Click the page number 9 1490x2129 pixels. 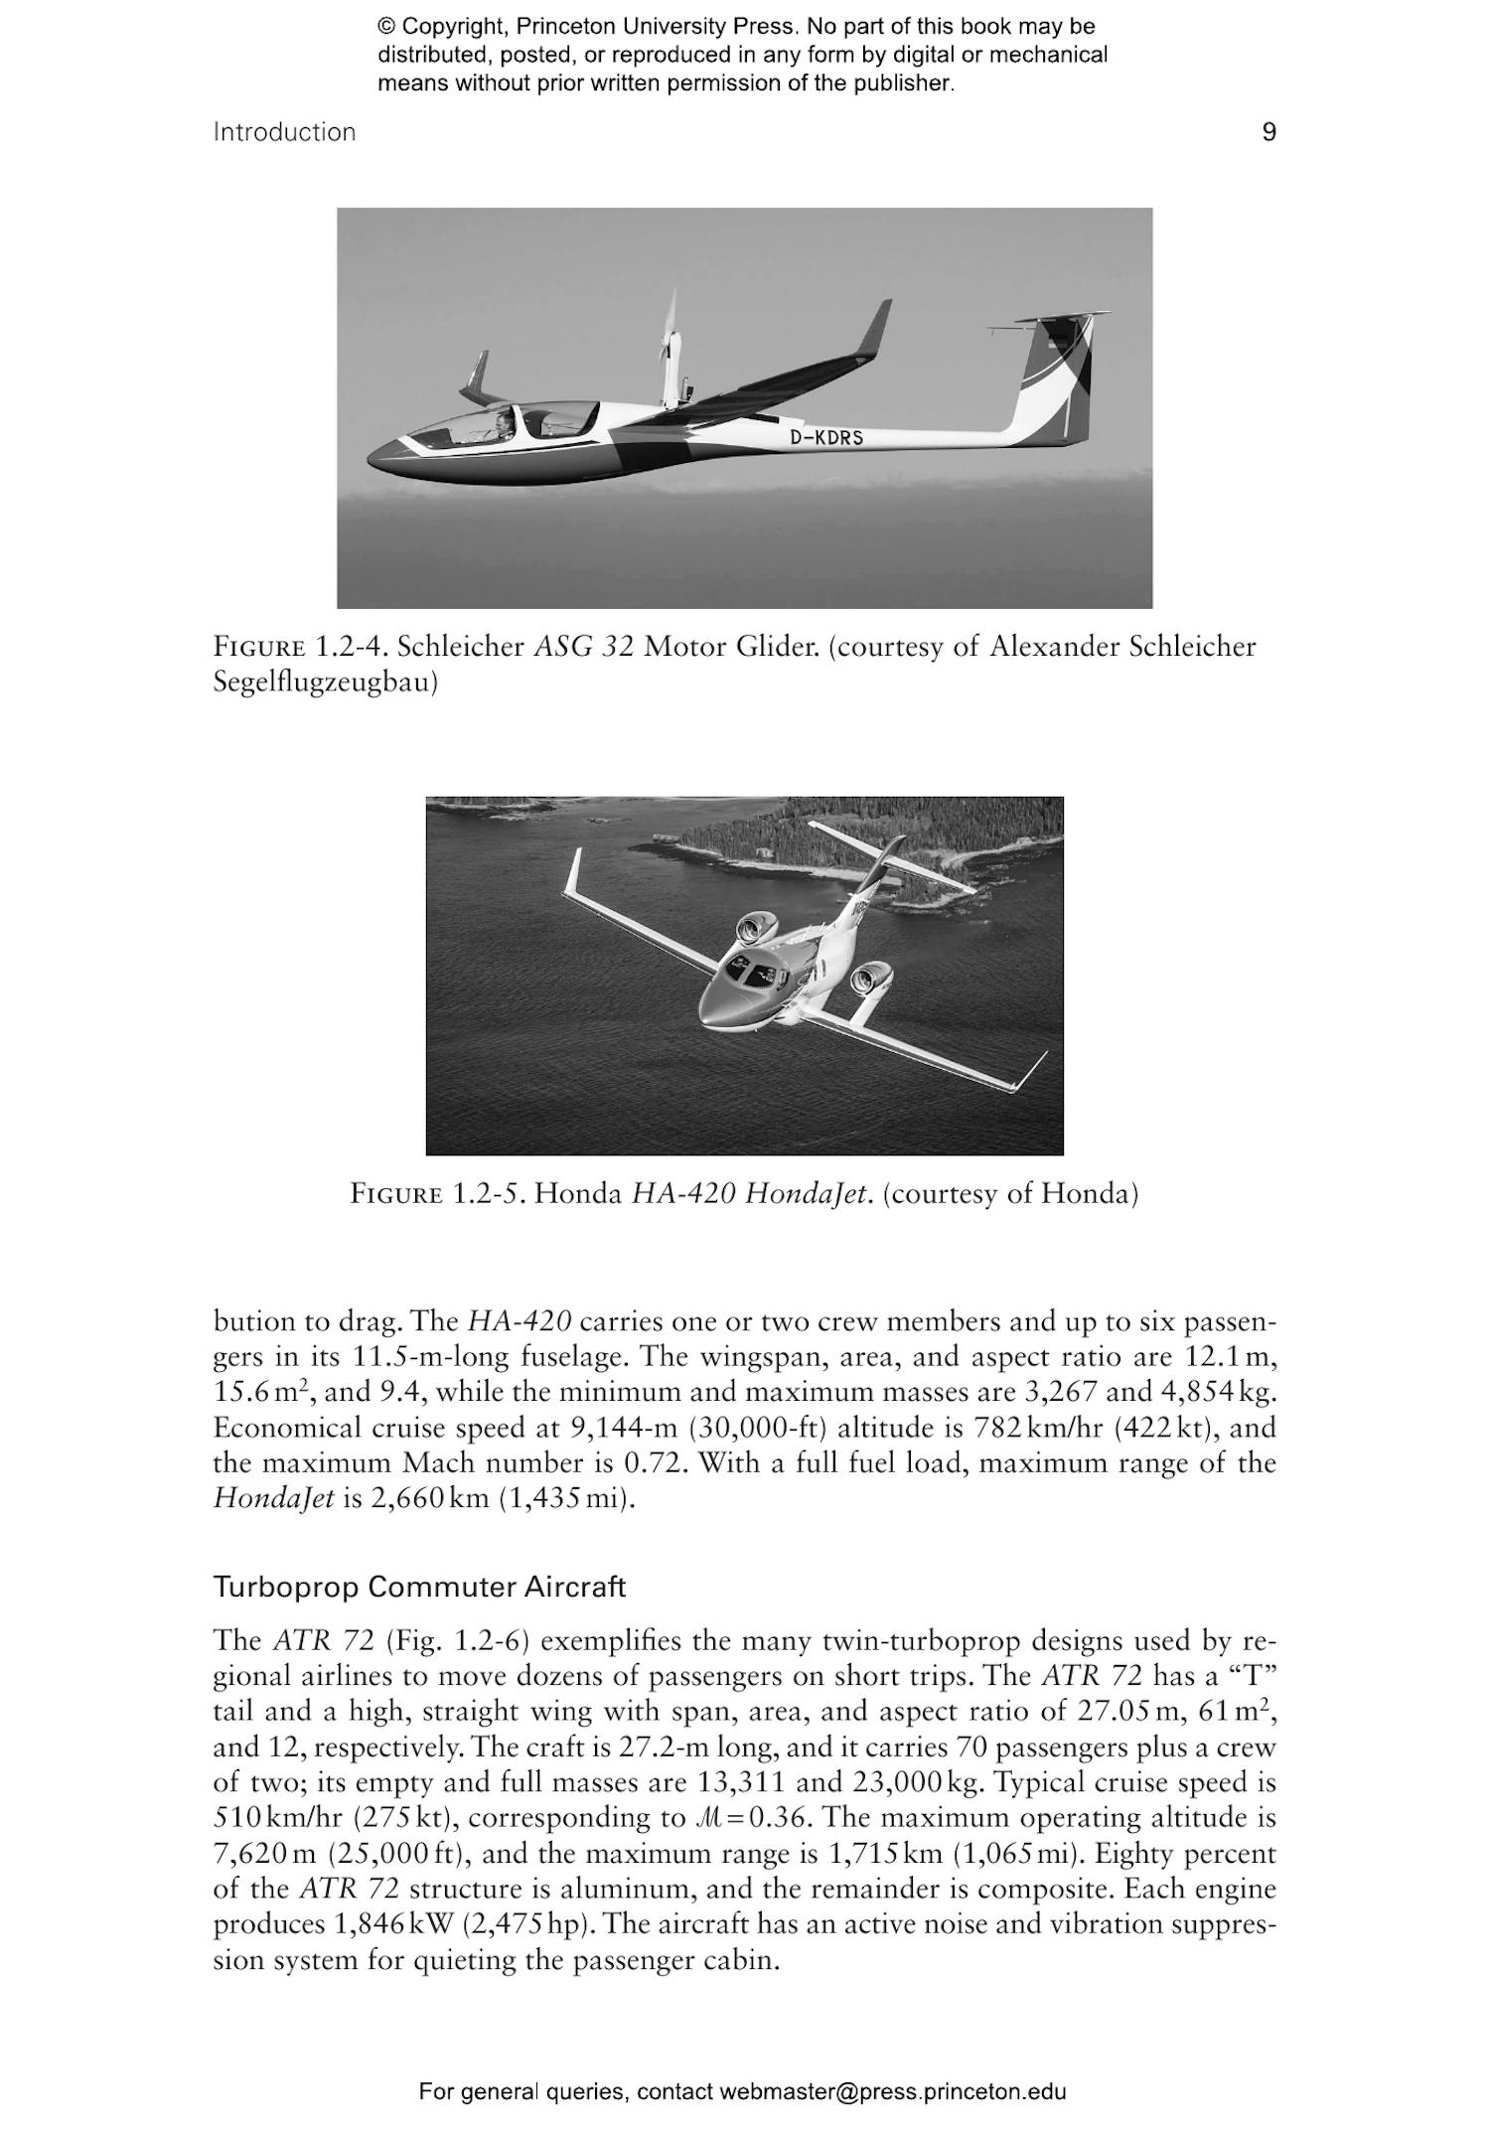click(x=1268, y=132)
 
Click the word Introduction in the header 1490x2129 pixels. click(x=284, y=132)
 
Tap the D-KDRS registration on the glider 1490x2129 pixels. click(x=826, y=437)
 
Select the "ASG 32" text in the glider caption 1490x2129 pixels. click(x=583, y=647)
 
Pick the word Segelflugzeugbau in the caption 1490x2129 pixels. click(x=326, y=683)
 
